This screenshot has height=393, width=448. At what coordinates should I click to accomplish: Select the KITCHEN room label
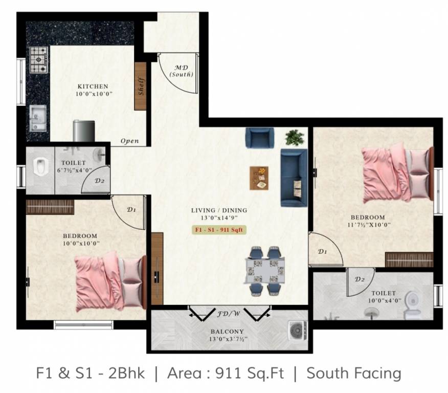[93, 86]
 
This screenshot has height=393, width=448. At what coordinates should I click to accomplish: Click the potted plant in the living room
[294, 137]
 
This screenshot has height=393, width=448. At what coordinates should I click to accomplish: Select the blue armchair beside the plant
[260, 138]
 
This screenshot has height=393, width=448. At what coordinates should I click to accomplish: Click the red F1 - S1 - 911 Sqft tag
[219, 229]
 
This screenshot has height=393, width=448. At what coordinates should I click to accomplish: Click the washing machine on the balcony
[297, 331]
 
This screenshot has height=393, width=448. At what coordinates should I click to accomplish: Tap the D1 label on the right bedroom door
[322, 251]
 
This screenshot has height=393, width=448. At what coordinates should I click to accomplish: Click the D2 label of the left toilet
[100, 181]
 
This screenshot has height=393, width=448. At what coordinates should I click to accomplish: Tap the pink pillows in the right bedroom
[419, 172]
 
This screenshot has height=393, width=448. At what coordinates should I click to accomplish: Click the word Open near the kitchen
[129, 141]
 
